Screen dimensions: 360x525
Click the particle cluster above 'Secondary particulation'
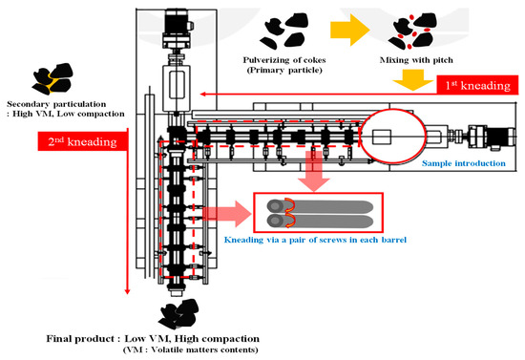[x=52, y=76]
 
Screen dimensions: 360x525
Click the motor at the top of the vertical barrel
[x=177, y=28]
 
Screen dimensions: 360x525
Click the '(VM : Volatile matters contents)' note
[x=178, y=350]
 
